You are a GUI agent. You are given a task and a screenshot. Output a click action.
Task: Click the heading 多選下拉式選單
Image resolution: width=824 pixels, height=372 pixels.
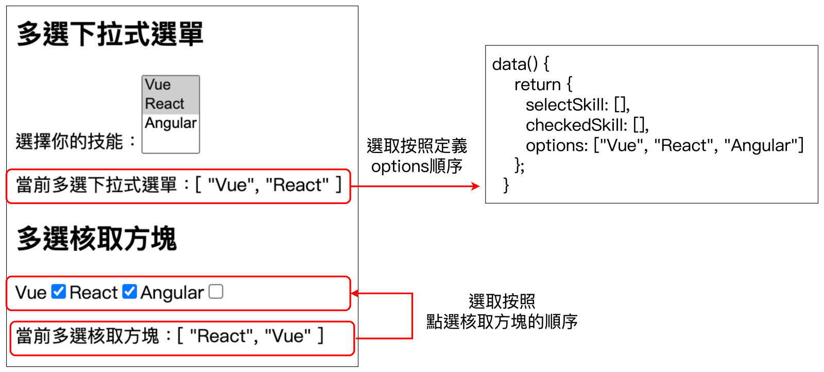(110, 34)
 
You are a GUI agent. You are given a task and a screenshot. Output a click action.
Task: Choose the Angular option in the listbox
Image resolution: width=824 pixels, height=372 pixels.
(170, 123)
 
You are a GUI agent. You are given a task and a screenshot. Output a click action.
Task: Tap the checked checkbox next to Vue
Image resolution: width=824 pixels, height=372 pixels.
(59, 292)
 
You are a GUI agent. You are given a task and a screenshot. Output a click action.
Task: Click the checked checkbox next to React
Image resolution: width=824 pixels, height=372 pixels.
(129, 292)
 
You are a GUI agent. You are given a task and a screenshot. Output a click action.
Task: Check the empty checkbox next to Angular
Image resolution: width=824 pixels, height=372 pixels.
(216, 292)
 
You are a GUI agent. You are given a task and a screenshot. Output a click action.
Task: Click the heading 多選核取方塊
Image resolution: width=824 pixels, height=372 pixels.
(97, 239)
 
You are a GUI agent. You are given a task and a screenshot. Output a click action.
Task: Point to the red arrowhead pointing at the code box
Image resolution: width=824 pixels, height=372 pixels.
(476, 186)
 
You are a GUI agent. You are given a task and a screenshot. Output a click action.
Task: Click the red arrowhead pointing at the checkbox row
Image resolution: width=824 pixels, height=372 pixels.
(355, 293)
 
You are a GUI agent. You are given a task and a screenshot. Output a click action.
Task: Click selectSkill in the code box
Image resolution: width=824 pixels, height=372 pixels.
(567, 105)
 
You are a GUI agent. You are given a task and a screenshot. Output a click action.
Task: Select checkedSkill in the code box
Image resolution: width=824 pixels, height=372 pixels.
(576, 125)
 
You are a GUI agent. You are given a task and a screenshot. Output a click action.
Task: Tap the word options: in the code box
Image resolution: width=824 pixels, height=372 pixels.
(557, 146)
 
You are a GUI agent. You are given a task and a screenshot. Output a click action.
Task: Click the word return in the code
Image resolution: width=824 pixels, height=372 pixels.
(538, 84)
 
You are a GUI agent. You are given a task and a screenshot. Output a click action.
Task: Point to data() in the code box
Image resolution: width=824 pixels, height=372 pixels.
(515, 64)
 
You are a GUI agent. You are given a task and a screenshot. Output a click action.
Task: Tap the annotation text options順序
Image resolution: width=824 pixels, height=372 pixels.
(417, 166)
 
